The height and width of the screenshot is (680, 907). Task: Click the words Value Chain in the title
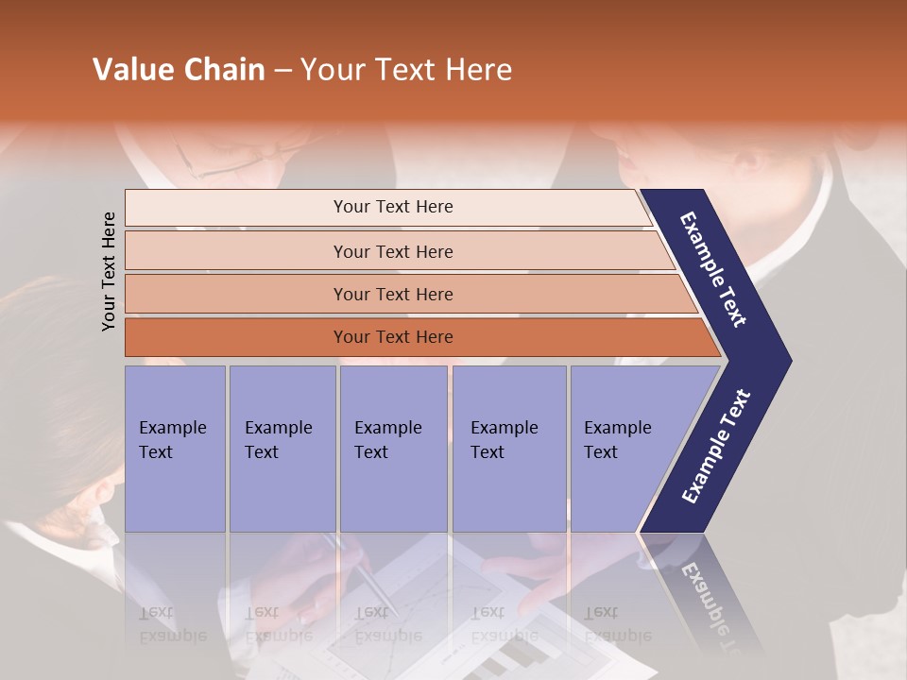pos(179,70)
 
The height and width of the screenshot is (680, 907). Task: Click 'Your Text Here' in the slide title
pos(406,70)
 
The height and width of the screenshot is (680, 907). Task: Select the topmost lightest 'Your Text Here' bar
pos(392,207)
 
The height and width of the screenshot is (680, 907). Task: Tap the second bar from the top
pos(392,251)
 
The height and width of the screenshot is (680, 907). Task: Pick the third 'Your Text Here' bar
pos(392,294)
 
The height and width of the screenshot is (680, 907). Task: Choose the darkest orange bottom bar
pos(392,337)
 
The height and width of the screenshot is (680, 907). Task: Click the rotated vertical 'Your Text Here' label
pos(109,271)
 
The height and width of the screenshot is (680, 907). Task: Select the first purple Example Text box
pos(175,449)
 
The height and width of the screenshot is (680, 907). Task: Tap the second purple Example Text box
pos(282,449)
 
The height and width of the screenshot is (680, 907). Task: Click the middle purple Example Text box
pos(393,449)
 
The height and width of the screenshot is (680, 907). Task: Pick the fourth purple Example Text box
pos(508,449)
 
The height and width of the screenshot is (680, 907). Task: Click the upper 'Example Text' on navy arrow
pos(713,269)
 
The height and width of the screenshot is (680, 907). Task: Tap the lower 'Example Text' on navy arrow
pos(715,446)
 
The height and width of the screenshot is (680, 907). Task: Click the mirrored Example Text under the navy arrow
pos(709,604)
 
